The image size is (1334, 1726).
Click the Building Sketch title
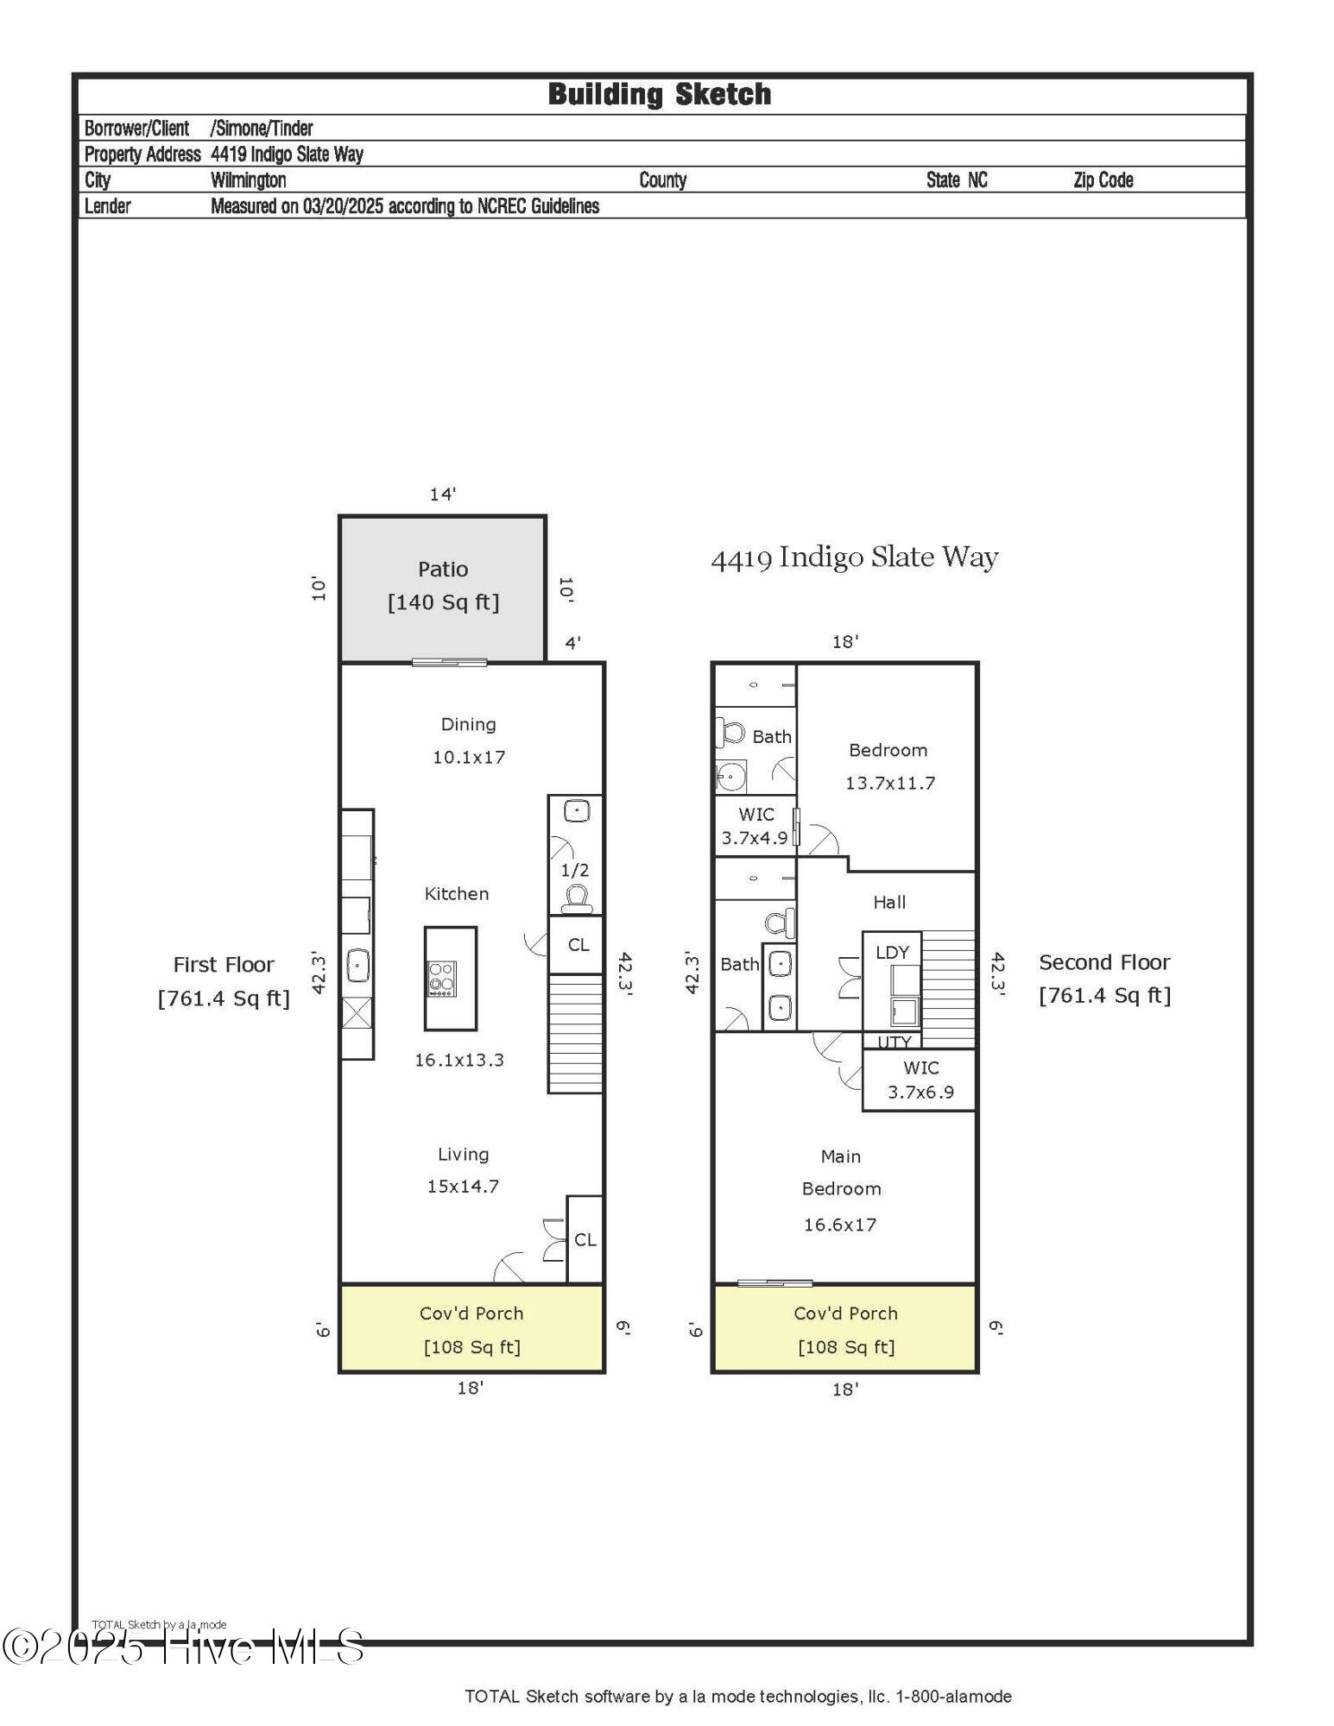[660, 94]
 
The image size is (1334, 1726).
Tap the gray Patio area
[442, 589]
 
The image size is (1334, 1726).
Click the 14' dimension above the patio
[442, 494]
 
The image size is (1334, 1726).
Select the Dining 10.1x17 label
[468, 740]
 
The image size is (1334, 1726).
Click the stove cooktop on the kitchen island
[442, 980]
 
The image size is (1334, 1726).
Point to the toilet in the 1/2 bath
[576, 898]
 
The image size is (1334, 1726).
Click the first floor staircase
[576, 1034]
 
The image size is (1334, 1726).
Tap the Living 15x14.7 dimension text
[463, 1187]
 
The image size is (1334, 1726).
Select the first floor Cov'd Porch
[471, 1328]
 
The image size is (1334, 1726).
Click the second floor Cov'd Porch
[845, 1328]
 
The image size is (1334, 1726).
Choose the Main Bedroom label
[841, 1172]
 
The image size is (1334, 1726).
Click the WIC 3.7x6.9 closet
[920, 1080]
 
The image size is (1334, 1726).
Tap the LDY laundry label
[892, 952]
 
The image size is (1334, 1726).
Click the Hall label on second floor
[889, 902]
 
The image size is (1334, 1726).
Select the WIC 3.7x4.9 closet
[756, 825]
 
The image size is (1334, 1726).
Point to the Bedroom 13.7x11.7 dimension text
[889, 784]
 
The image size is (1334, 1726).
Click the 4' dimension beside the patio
[572, 643]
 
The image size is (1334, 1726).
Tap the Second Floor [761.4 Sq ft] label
[1104, 979]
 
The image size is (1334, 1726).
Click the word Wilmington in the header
[249, 180]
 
